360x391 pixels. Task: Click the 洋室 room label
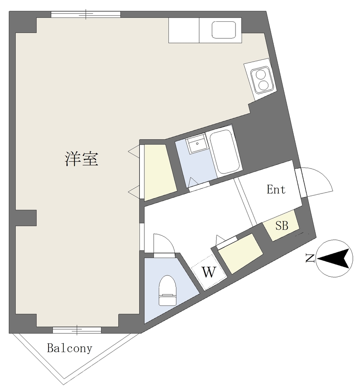[x=82, y=159]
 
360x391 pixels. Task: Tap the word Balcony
[x=69, y=348]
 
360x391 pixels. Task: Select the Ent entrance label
[x=276, y=189]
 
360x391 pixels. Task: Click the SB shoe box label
[x=282, y=225]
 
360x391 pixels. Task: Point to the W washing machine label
[x=209, y=272]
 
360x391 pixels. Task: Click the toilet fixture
[x=168, y=290]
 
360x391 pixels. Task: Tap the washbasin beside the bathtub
[x=197, y=144]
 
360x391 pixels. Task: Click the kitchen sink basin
[x=224, y=30]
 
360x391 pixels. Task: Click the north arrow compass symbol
[x=334, y=259]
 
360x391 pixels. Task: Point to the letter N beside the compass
[x=310, y=259]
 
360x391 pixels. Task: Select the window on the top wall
[x=86, y=14]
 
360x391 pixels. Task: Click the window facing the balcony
[x=77, y=330]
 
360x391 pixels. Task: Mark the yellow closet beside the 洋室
[x=160, y=172]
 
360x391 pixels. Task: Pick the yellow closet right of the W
[x=241, y=254]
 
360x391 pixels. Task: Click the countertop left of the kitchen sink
[x=184, y=30]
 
